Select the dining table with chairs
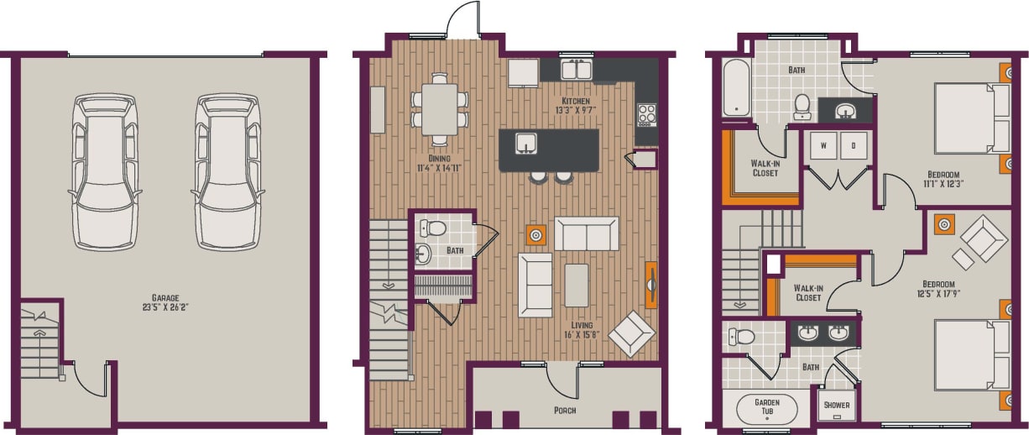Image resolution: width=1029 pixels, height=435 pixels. point(439,107)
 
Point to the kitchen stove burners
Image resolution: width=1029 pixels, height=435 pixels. point(646,113)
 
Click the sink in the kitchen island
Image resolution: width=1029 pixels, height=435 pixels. point(526,144)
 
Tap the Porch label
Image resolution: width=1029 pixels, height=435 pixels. point(564,410)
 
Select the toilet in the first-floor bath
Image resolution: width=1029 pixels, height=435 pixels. point(432,228)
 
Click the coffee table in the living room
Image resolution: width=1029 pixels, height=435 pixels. point(577,286)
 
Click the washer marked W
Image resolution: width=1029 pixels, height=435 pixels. point(823,144)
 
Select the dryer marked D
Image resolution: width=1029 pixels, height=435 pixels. point(854,144)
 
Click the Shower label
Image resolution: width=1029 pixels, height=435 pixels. point(836,406)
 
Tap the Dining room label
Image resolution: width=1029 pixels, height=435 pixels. point(438,158)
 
